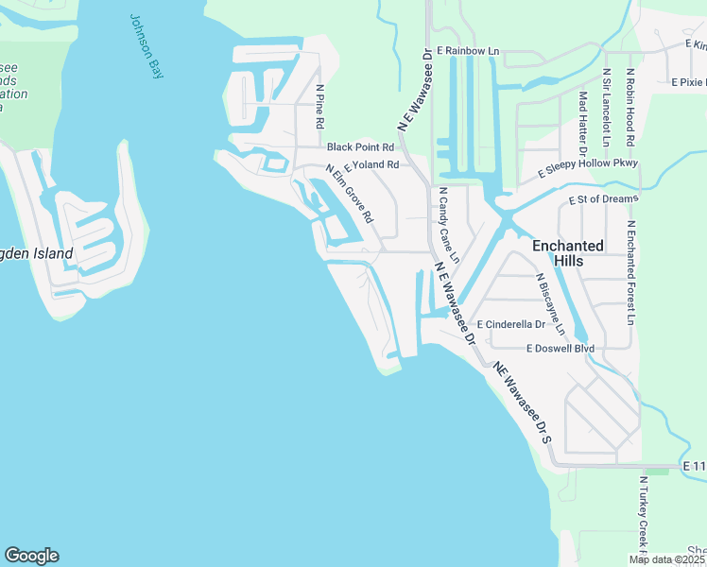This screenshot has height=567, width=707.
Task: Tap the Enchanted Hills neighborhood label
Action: point(567,253)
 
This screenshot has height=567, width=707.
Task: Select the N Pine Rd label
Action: point(320,107)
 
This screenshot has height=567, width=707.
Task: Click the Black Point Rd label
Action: point(360,147)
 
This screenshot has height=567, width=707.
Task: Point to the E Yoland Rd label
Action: point(371,164)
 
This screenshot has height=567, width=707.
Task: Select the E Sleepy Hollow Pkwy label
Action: point(588,168)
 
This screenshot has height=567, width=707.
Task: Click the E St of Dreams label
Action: point(604,199)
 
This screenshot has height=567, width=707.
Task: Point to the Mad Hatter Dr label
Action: point(582,124)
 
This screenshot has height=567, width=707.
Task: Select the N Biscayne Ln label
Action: point(550,304)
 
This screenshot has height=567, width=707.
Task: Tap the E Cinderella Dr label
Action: point(511,324)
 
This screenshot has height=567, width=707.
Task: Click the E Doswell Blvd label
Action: point(561,349)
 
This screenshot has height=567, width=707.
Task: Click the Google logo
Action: point(31,556)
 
